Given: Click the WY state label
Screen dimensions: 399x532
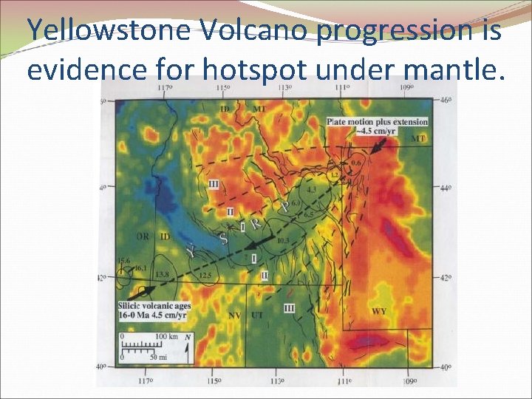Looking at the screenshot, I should point(378,311).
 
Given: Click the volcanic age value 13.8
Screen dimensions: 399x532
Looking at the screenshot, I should point(163,274).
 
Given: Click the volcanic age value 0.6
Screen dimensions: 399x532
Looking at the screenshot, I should point(356,162).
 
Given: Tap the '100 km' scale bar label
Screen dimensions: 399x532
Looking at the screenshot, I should point(166,337).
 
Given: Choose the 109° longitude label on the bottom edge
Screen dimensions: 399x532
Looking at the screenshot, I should point(409,381).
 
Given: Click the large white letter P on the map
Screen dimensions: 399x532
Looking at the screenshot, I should point(284,209).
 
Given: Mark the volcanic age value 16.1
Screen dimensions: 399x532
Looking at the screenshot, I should point(140,267).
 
